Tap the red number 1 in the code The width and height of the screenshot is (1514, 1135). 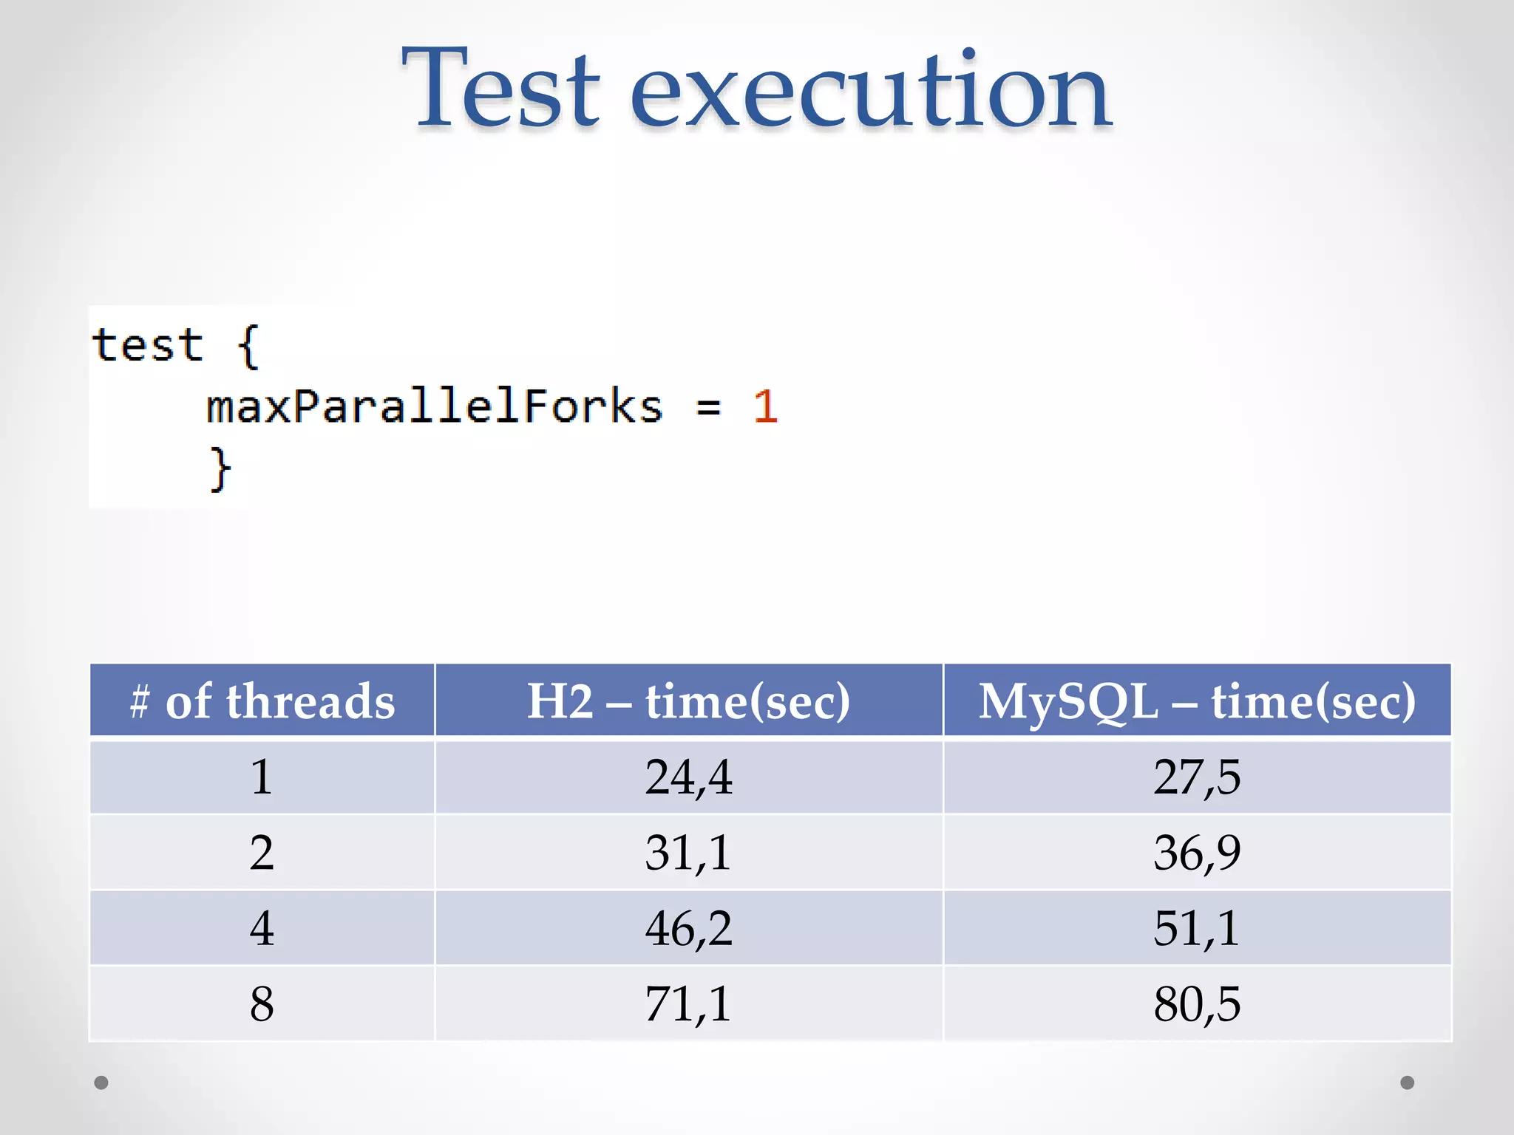765,406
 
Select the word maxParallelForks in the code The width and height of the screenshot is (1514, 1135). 434,406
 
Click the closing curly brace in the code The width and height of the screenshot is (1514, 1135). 220,468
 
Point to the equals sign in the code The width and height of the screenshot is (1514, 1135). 707,406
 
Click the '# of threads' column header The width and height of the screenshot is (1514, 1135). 262,701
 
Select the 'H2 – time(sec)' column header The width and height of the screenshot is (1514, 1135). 688,701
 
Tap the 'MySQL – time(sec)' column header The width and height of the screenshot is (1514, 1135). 1197,701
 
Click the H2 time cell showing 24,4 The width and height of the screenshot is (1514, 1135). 688,777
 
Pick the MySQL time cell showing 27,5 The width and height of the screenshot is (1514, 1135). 1197,777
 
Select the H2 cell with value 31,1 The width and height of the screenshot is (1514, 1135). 688,853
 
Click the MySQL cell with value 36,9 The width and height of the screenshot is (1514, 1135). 1197,853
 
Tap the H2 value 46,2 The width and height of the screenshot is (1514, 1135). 688,928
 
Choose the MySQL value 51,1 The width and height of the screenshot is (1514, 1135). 1197,928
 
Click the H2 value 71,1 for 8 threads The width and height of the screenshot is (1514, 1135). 688,1004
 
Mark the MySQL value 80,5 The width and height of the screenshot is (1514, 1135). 1197,1004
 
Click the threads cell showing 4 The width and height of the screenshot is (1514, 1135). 262,928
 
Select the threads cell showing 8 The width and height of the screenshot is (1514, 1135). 262,1004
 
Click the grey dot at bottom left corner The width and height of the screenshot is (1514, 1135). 101,1083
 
